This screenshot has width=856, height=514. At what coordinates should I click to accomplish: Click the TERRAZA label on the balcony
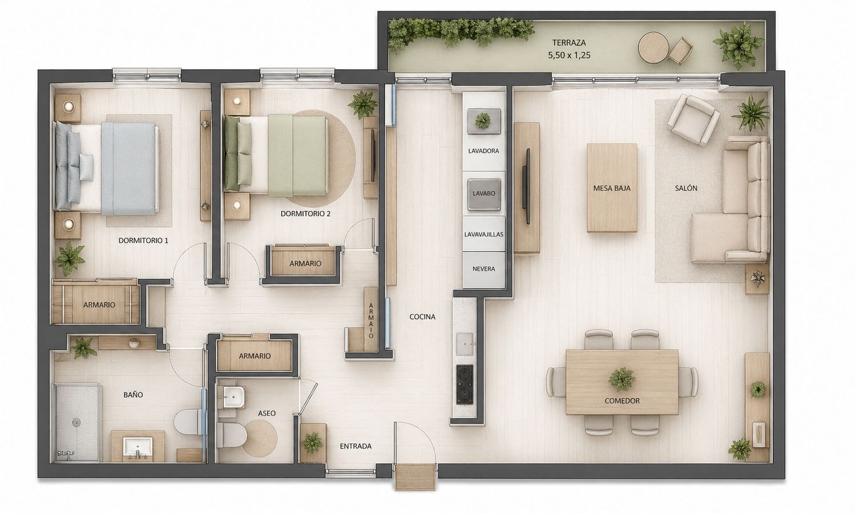coord(563,43)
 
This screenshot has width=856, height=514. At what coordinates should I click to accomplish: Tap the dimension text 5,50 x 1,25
coord(569,55)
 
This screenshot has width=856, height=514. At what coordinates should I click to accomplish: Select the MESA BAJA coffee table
coord(612,188)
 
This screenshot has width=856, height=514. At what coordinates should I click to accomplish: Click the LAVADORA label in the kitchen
coord(483,151)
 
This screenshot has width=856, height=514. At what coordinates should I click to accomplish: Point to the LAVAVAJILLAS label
coord(484,234)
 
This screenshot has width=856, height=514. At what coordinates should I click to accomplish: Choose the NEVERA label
coord(484,269)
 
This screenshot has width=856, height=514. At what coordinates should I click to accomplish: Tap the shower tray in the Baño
coord(77,423)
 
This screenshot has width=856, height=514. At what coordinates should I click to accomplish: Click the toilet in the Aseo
coord(232,434)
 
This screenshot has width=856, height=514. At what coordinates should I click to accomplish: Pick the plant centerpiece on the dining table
coord(622,379)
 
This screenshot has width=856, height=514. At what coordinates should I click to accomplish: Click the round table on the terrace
coord(653,48)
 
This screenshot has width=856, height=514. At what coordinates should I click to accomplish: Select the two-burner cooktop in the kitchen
coord(465,384)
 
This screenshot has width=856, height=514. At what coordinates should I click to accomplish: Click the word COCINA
coord(422,317)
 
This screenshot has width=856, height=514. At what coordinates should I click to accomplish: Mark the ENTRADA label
coord(356,446)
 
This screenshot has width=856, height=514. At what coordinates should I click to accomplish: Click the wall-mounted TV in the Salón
coord(528,186)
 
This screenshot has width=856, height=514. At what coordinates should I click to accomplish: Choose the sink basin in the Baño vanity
coord(138,448)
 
